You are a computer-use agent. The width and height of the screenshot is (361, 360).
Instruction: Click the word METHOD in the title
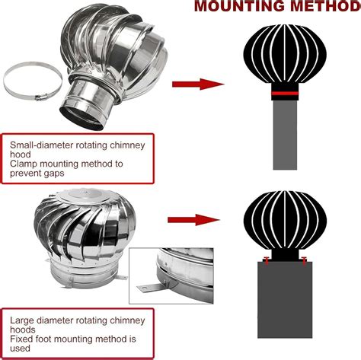pos(321,8)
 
